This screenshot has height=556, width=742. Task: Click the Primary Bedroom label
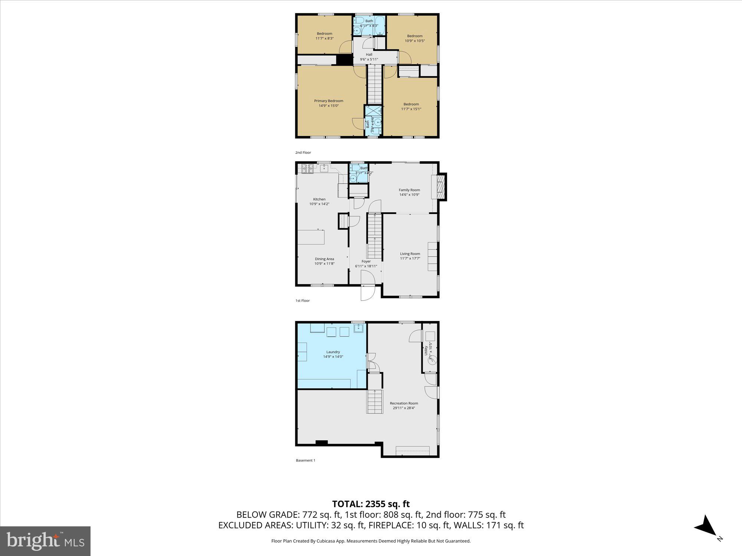328,101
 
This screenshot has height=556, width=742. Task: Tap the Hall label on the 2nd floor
369,54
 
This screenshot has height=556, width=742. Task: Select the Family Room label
409,190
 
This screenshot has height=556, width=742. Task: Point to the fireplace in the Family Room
440,188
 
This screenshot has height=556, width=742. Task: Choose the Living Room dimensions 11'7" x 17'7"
410,259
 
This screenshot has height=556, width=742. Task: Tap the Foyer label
366,261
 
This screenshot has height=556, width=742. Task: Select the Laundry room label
333,352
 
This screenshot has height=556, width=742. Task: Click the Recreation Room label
404,403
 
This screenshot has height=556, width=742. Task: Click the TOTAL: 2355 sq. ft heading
371,504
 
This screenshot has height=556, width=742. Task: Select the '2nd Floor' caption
303,153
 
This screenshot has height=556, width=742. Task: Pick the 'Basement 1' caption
305,460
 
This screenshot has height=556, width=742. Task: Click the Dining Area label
324,259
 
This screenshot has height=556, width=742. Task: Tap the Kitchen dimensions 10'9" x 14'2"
319,204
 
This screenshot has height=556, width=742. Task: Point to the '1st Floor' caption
302,301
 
